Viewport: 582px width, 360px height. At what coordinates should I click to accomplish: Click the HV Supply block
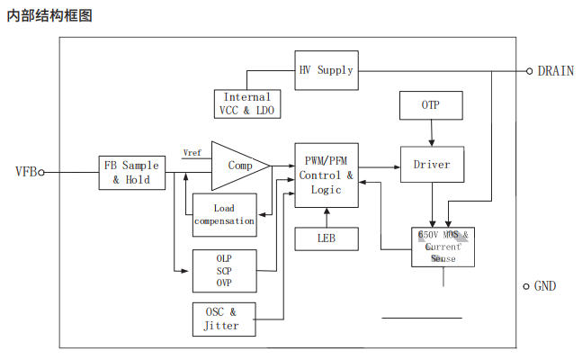click(x=325, y=70)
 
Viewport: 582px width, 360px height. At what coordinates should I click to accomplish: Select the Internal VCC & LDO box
click(x=246, y=103)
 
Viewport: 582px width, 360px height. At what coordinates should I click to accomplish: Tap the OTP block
click(x=432, y=105)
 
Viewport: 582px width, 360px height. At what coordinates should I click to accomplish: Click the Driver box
click(x=432, y=165)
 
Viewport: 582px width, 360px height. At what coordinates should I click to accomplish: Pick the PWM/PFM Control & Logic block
click(x=326, y=175)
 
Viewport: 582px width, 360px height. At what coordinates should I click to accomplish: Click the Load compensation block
click(x=223, y=214)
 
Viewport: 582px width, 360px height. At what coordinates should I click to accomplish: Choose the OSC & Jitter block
click(x=223, y=319)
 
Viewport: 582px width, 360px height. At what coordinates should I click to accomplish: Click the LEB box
click(x=326, y=239)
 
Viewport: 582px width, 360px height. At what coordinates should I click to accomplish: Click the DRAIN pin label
click(x=556, y=71)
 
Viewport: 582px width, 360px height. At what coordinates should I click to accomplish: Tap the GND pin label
click(x=546, y=286)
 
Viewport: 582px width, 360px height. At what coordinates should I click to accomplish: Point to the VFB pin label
click(x=24, y=171)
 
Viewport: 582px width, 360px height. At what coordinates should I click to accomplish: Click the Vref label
click(x=193, y=152)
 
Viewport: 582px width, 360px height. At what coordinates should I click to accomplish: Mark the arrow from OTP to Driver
click(x=432, y=133)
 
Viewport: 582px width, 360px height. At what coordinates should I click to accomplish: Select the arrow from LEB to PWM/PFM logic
click(x=326, y=218)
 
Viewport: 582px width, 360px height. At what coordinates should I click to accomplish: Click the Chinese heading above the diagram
click(x=49, y=15)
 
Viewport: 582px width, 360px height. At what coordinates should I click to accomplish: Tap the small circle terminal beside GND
click(x=527, y=286)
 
